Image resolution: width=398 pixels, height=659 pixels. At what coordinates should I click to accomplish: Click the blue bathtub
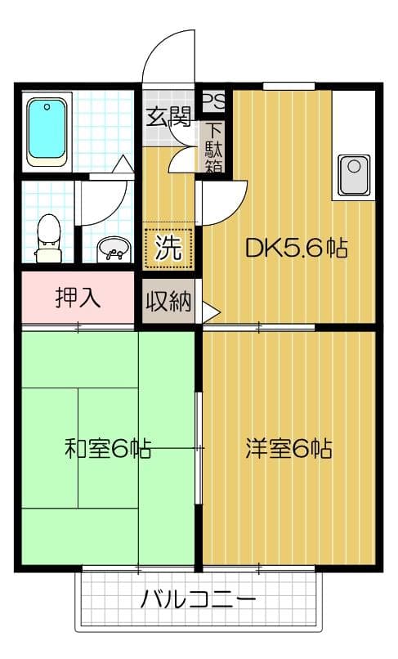(47, 132)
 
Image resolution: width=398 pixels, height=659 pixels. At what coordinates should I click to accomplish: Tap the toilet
(49, 236)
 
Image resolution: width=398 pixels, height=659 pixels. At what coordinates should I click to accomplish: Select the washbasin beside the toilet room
(113, 249)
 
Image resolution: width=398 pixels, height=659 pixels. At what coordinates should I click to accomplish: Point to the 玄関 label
(168, 118)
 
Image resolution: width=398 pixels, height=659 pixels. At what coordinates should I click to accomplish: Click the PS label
(213, 101)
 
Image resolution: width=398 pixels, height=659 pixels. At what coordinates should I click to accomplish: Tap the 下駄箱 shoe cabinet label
(214, 147)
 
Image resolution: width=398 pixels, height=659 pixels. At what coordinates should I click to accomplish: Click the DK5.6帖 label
(297, 248)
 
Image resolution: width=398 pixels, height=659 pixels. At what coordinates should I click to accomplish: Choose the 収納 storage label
(168, 302)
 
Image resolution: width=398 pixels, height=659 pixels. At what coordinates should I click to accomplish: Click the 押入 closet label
(78, 298)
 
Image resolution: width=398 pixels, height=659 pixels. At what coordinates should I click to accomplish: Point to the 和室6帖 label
(107, 448)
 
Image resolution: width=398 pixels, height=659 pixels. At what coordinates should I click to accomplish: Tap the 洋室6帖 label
(288, 448)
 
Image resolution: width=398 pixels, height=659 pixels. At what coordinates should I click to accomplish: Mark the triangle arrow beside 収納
(211, 312)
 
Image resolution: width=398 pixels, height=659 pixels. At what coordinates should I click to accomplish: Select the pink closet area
(78, 298)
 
